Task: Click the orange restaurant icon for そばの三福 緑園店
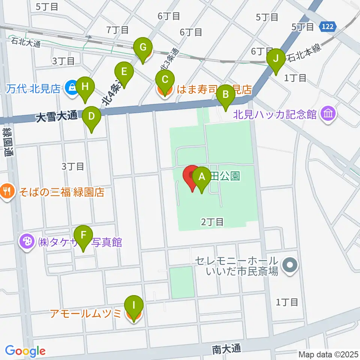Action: click(6, 192)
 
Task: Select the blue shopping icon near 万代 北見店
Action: click(70, 88)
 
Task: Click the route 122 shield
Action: click(328, 26)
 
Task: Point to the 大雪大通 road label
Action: click(57, 117)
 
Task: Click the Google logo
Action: click(25, 351)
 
